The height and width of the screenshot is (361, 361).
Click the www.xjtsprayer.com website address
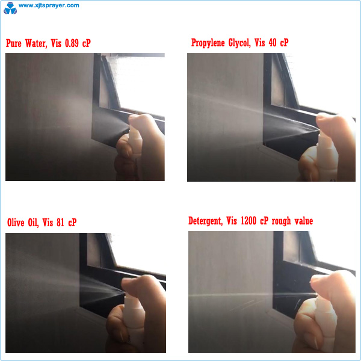[49, 5]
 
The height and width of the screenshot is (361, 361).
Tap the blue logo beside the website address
[10, 8]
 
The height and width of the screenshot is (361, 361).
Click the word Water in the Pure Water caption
[35, 43]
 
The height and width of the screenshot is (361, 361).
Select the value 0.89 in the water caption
[72, 43]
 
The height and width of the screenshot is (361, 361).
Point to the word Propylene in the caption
[208, 43]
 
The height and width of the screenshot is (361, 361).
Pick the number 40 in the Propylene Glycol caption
[273, 43]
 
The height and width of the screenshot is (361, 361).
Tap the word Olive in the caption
[16, 223]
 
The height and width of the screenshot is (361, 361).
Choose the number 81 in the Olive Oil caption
[60, 223]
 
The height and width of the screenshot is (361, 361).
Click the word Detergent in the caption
[205, 221]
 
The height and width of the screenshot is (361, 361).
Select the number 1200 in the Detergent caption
[248, 221]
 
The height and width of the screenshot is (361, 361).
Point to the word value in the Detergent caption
[304, 221]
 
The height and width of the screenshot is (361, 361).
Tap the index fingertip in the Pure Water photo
[133, 119]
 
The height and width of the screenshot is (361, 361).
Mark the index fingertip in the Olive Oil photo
[126, 282]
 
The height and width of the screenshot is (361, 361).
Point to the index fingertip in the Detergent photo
[316, 280]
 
